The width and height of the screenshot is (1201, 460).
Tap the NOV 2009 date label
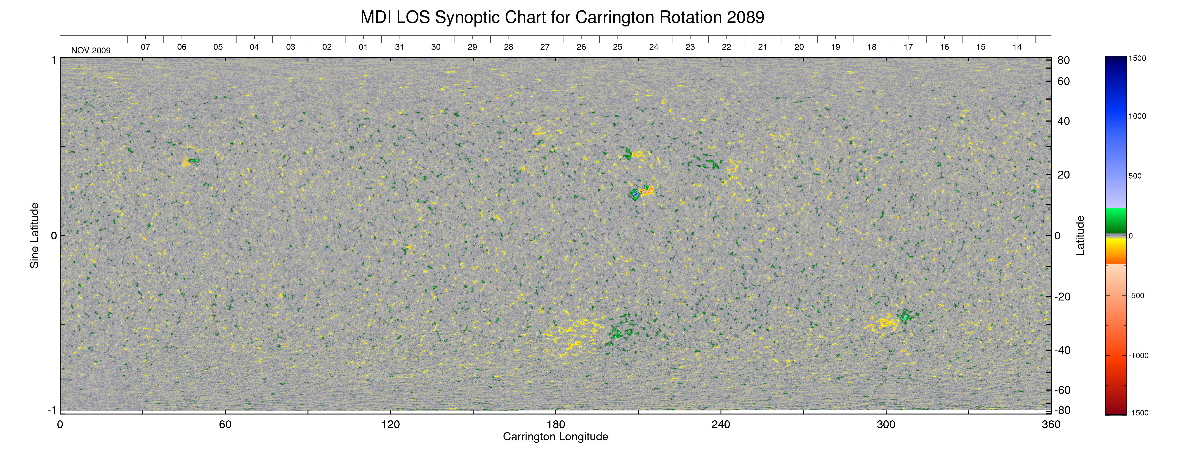tap(91, 50)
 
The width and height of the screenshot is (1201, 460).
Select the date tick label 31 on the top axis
tap(399, 47)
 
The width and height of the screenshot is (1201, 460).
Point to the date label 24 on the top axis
tap(654, 47)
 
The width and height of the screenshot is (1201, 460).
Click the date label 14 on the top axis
tap(1017, 47)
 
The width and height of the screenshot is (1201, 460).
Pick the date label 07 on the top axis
tap(146, 47)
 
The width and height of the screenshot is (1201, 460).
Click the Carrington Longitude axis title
tap(555, 437)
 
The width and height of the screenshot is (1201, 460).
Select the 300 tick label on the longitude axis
tap(886, 424)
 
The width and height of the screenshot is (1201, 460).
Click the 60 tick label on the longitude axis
tap(225, 424)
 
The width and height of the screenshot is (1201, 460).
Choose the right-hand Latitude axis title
tap(1080, 236)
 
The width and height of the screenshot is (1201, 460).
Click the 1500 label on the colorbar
tap(1137, 58)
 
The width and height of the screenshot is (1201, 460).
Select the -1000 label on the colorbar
tap(1138, 355)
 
